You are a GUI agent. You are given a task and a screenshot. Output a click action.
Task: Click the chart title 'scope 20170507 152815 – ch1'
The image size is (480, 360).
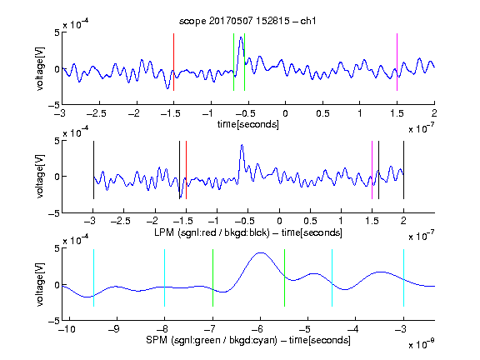coord(247,21)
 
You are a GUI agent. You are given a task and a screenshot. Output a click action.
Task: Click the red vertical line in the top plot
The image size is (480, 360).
coord(173,62)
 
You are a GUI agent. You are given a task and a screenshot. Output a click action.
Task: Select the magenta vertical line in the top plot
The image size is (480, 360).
coord(397,62)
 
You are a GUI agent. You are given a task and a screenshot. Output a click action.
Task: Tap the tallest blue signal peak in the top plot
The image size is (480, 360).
coord(241,37)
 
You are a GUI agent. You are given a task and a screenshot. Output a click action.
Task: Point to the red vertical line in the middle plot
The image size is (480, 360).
coord(186,170)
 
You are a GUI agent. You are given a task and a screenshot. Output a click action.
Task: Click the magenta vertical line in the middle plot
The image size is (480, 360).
coord(372,170)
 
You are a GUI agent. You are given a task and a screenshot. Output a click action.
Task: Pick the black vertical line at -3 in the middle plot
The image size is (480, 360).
coord(93,170)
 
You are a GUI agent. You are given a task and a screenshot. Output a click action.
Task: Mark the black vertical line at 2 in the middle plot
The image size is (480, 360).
coord(403,170)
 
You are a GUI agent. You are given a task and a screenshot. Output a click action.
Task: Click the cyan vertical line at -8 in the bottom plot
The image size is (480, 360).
coord(164,277)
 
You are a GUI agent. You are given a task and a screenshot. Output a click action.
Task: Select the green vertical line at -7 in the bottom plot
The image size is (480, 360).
coord(212,277)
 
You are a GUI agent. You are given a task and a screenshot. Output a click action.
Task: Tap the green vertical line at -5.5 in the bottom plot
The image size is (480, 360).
coord(284,277)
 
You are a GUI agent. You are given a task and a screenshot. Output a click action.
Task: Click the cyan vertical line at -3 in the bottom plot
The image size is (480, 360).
coord(403,277)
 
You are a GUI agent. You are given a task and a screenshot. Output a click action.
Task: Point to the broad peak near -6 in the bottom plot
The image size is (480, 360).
coord(260,252)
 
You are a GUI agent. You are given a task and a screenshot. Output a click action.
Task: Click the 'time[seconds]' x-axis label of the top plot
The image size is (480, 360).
coord(248,124)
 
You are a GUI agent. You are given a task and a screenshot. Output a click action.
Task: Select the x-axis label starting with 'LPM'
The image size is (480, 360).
coord(248,232)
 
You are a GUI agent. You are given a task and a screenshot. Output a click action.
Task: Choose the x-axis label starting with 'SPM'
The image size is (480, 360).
coord(248,340)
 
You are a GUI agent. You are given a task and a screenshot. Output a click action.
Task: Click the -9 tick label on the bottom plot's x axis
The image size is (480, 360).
coord(114,329)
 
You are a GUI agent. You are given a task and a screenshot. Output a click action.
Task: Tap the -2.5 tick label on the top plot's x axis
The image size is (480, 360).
coord(97,113)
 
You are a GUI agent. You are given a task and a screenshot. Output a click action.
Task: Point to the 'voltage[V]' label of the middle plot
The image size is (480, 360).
coord(40,177)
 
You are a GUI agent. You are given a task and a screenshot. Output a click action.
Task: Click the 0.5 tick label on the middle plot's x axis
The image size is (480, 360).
coord(310,221)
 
